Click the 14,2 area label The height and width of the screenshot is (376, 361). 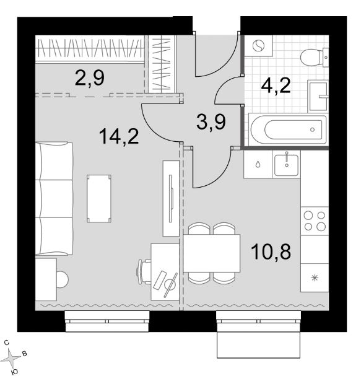point(119,136)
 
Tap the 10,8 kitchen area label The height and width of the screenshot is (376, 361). point(271,251)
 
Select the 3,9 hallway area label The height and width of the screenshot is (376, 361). point(211,122)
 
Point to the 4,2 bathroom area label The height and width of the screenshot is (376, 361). point(276,85)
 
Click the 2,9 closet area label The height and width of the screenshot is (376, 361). point(90,78)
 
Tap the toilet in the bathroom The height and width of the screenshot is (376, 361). point(315,58)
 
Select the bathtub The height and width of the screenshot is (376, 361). point(288,129)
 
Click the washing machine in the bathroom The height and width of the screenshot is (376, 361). point(259,46)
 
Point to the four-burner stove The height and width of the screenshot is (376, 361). point(315,221)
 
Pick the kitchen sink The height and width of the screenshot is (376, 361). point(287,164)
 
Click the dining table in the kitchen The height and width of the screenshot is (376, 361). point(212,253)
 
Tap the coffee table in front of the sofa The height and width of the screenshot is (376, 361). point(99,199)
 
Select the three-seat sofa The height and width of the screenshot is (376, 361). point(54,199)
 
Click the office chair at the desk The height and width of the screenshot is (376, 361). point(144,272)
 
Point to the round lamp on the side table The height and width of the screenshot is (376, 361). point(63,279)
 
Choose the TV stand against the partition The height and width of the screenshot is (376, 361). point(171,199)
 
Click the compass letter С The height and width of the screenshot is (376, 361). point(7,343)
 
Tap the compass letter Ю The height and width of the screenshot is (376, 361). point(15,372)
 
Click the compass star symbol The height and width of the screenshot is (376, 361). point(12,358)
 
